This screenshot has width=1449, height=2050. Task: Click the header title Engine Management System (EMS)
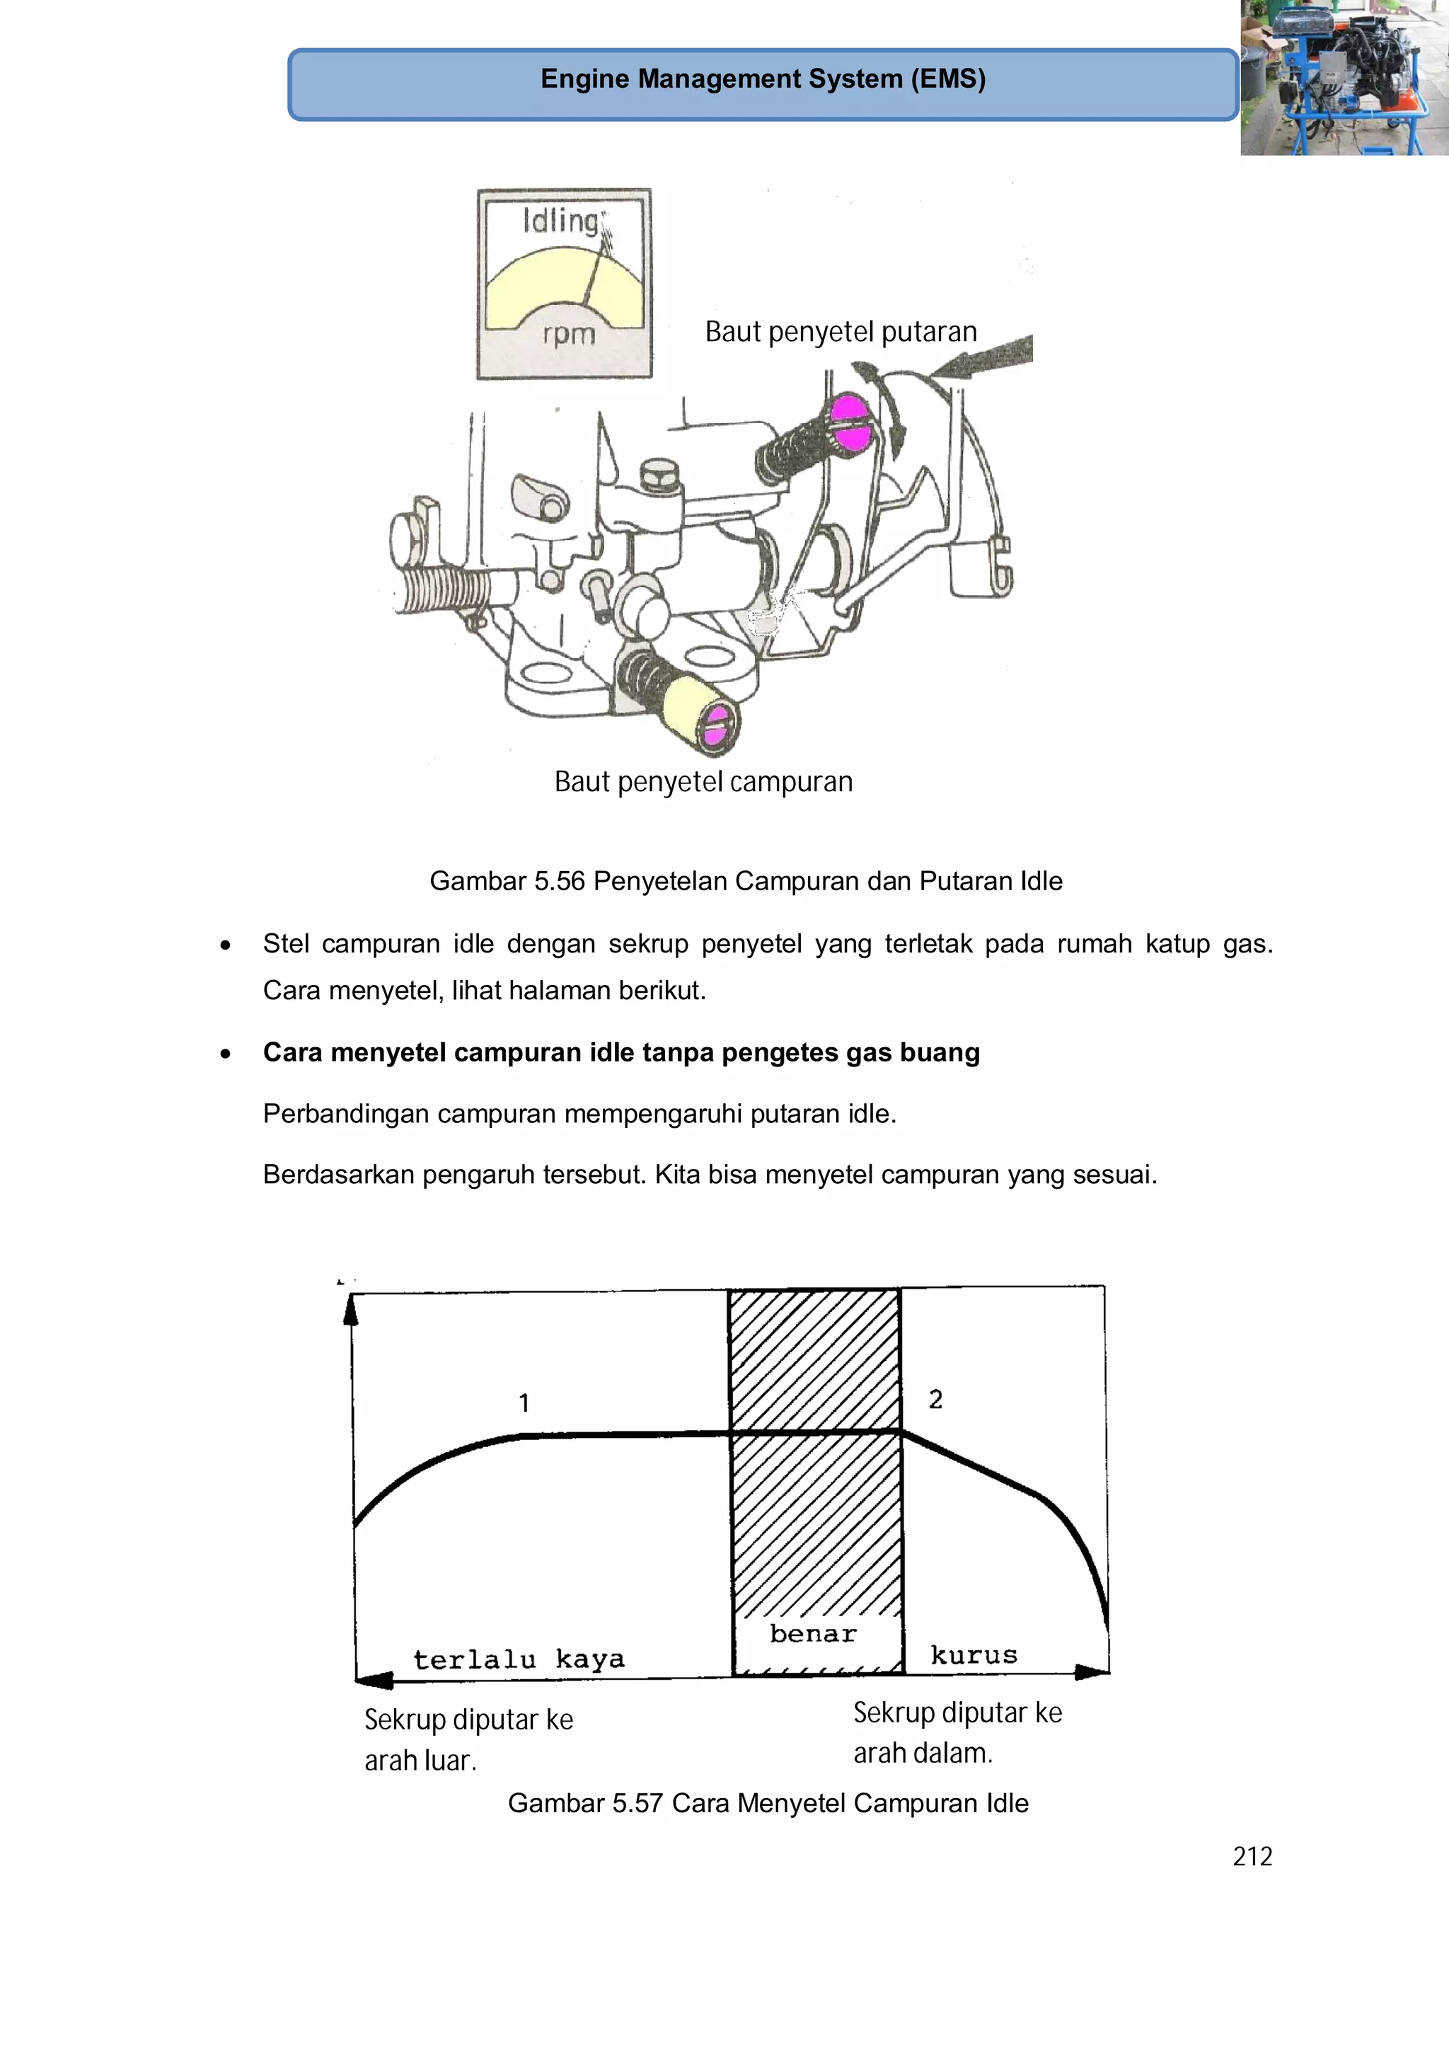point(763,79)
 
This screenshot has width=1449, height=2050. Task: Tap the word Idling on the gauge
point(560,221)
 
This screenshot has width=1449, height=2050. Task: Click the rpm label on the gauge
point(569,334)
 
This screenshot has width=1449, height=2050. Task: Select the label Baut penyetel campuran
point(703,782)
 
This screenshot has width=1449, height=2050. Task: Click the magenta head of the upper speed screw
point(851,423)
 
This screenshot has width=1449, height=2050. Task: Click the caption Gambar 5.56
point(746,881)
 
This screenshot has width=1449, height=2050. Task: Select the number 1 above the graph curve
point(524,1403)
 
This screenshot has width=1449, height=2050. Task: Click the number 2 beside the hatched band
point(935,1399)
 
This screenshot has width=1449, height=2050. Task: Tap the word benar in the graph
point(812,1634)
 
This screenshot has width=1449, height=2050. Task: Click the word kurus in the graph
point(973,1655)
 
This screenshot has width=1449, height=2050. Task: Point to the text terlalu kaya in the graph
point(519,1659)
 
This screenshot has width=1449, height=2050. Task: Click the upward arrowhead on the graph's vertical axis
point(351,1310)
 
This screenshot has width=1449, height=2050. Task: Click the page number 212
point(1252,1856)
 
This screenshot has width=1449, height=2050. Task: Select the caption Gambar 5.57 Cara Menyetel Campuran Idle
point(768,1802)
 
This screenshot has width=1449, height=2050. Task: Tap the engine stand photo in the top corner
point(1344,78)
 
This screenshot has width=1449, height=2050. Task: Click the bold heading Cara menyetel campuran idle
point(620,1053)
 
